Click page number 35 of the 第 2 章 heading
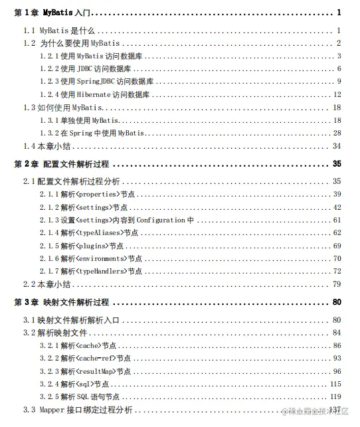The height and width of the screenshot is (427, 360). click(x=336, y=163)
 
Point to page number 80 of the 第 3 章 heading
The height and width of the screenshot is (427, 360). click(x=336, y=302)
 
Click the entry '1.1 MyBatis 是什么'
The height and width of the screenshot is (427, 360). click(x=60, y=31)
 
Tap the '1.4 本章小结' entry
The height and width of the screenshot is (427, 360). click(x=47, y=146)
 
